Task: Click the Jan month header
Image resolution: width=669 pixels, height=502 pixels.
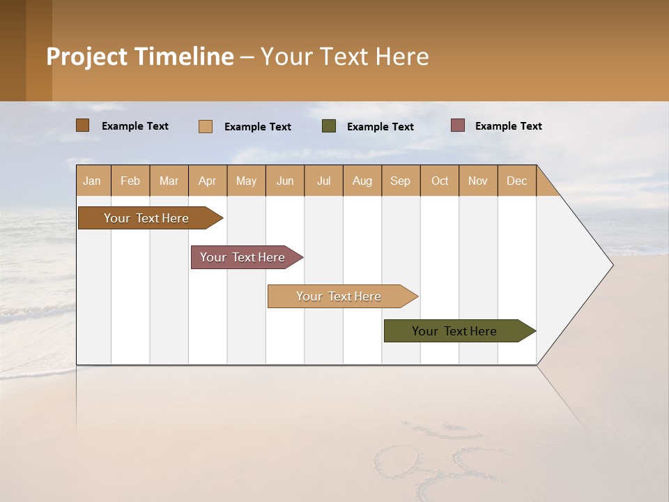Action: click(93, 181)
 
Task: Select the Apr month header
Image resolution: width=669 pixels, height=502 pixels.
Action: click(208, 181)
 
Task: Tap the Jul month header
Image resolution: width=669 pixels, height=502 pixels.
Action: click(323, 181)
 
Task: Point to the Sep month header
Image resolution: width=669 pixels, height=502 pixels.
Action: click(401, 181)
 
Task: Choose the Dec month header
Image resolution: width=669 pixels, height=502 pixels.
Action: click(516, 181)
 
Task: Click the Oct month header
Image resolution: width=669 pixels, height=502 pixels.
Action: click(440, 181)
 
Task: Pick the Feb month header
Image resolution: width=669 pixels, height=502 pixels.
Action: click(130, 181)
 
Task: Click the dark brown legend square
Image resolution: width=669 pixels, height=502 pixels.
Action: click(83, 125)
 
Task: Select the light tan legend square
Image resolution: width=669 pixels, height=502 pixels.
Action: click(206, 126)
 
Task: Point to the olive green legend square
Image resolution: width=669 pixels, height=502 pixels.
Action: click(329, 126)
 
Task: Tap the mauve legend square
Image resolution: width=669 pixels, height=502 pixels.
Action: click(458, 125)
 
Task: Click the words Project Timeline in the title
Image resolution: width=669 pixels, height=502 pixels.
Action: click(140, 56)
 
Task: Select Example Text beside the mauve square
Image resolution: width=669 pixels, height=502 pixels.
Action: click(508, 126)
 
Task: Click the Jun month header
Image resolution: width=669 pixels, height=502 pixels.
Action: click(285, 181)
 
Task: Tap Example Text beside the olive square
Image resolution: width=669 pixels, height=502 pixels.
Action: click(380, 127)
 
